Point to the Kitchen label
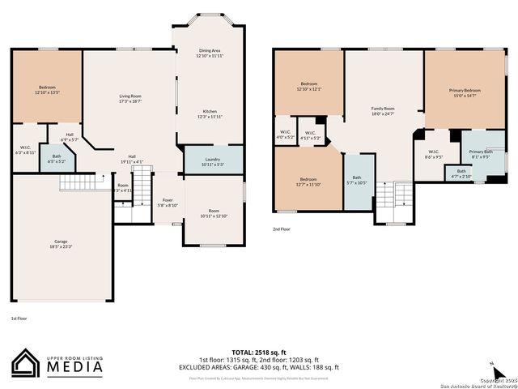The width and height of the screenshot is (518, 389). [210, 114]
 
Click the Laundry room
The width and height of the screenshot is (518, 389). [213, 162]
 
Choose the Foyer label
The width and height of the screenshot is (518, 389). [168, 203]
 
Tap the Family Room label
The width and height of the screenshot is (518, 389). [383, 111]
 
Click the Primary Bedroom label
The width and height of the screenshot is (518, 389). [465, 93]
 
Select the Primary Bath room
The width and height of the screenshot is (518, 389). [480, 154]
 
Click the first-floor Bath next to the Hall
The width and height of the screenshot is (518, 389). [57, 159]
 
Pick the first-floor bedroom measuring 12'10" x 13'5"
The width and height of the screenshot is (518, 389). [48, 90]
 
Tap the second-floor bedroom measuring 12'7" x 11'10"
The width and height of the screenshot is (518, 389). [309, 182]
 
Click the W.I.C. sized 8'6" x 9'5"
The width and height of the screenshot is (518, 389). [434, 155]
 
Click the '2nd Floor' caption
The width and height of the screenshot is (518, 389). [282, 229]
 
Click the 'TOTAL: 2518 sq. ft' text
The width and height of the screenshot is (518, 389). [258, 353]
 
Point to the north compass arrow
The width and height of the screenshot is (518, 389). [491, 361]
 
